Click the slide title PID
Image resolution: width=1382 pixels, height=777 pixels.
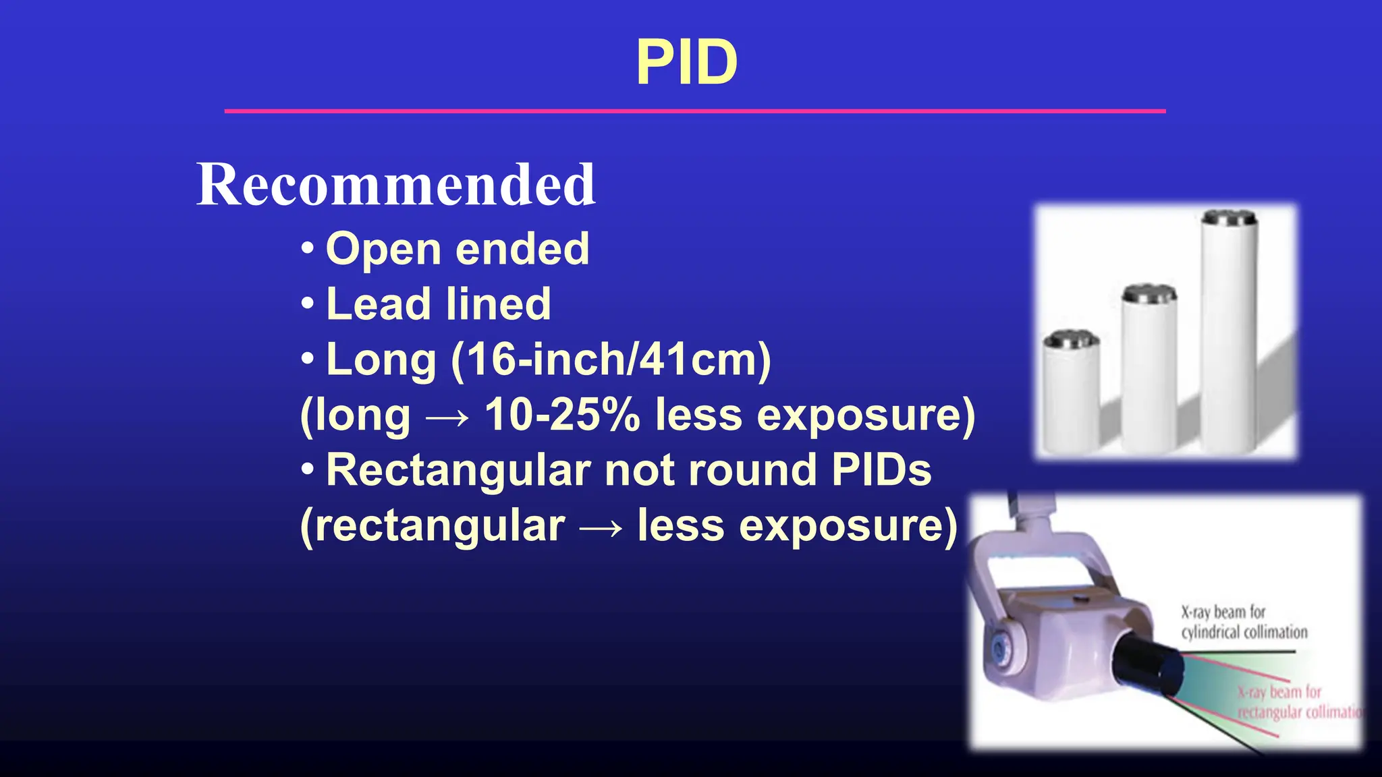686,62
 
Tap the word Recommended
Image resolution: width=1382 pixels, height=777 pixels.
396,184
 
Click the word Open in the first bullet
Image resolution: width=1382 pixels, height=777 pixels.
383,249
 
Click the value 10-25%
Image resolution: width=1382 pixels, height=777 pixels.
561,414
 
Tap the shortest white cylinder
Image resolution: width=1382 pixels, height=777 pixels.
1071,398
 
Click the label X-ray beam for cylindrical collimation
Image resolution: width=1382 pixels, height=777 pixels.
1243,622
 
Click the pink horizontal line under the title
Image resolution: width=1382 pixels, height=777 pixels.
694,111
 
